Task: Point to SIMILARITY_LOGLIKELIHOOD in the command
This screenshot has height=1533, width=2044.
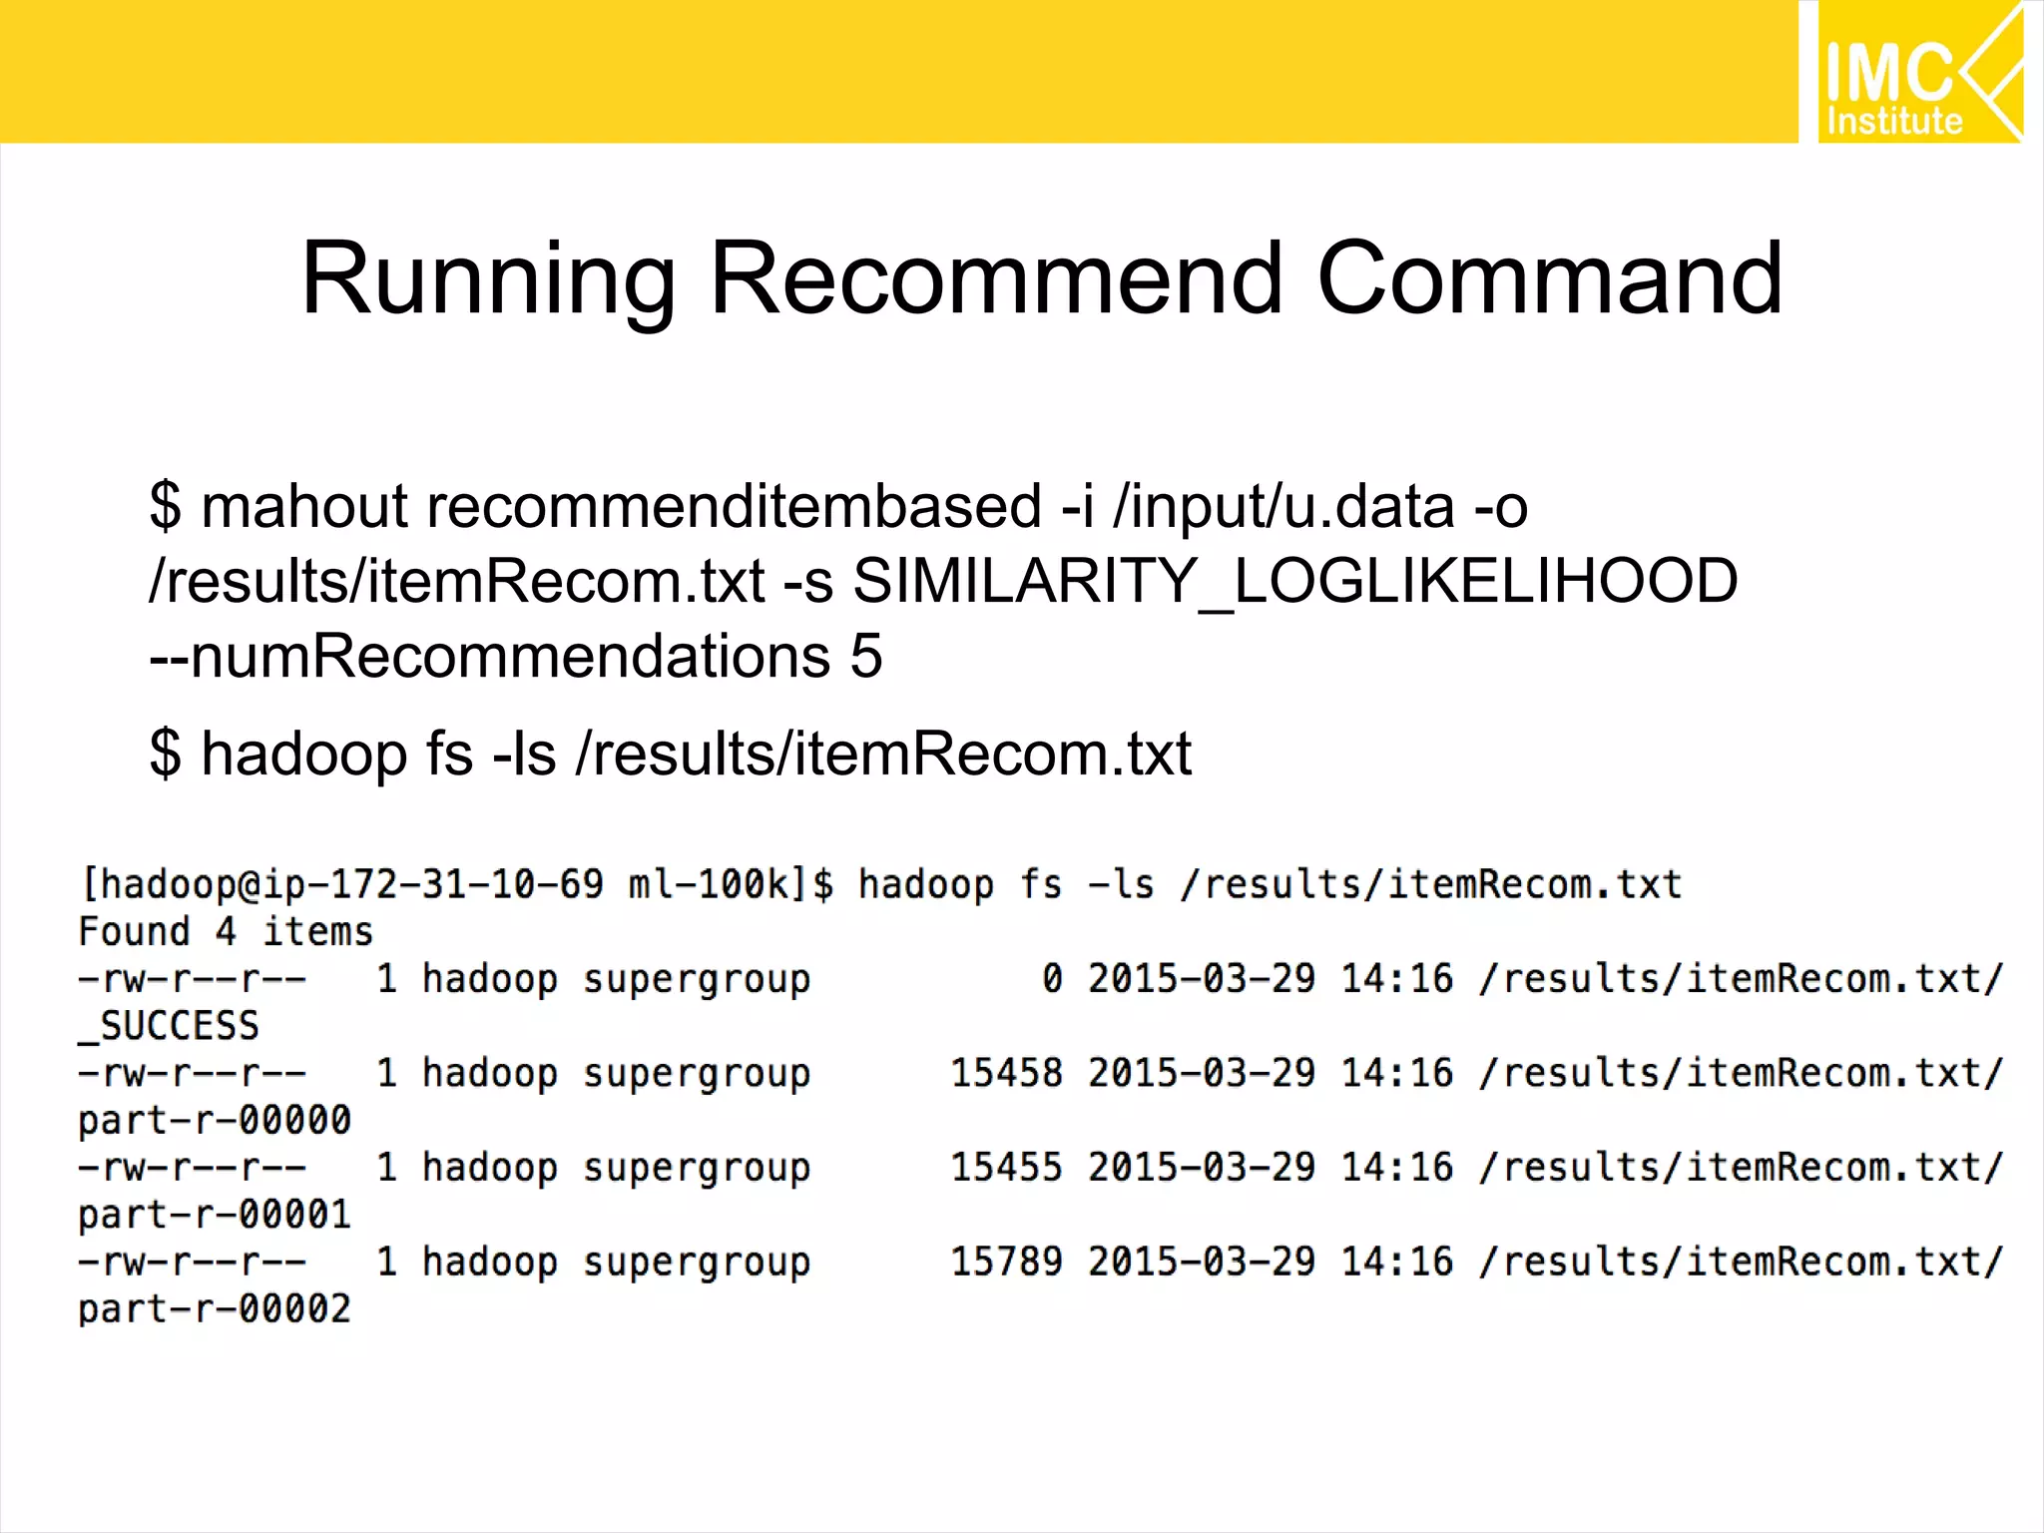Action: pos(1295,581)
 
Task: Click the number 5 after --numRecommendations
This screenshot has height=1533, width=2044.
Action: pos(866,657)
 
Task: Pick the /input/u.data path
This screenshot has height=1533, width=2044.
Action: pos(1283,506)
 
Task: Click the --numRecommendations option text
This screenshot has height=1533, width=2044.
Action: pos(489,657)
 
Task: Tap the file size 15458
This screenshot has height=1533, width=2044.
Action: pos(1006,1073)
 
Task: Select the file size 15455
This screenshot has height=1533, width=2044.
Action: pos(1006,1167)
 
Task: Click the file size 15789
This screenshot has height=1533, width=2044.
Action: pos(1006,1262)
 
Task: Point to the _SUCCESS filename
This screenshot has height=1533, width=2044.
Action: pos(170,1026)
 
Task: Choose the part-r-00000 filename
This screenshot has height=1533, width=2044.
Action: pos(215,1120)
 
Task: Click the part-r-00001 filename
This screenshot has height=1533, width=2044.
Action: pos(215,1215)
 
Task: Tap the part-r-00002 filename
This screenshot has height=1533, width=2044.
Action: pos(215,1308)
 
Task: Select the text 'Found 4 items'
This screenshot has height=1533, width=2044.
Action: pos(226,932)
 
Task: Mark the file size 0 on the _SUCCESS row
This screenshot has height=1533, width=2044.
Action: pos(1052,979)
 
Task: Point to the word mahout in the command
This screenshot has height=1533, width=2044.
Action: pos(303,506)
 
